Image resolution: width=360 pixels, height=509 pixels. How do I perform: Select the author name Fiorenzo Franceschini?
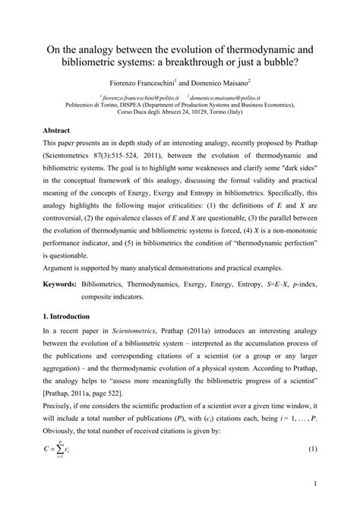coord(141,81)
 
